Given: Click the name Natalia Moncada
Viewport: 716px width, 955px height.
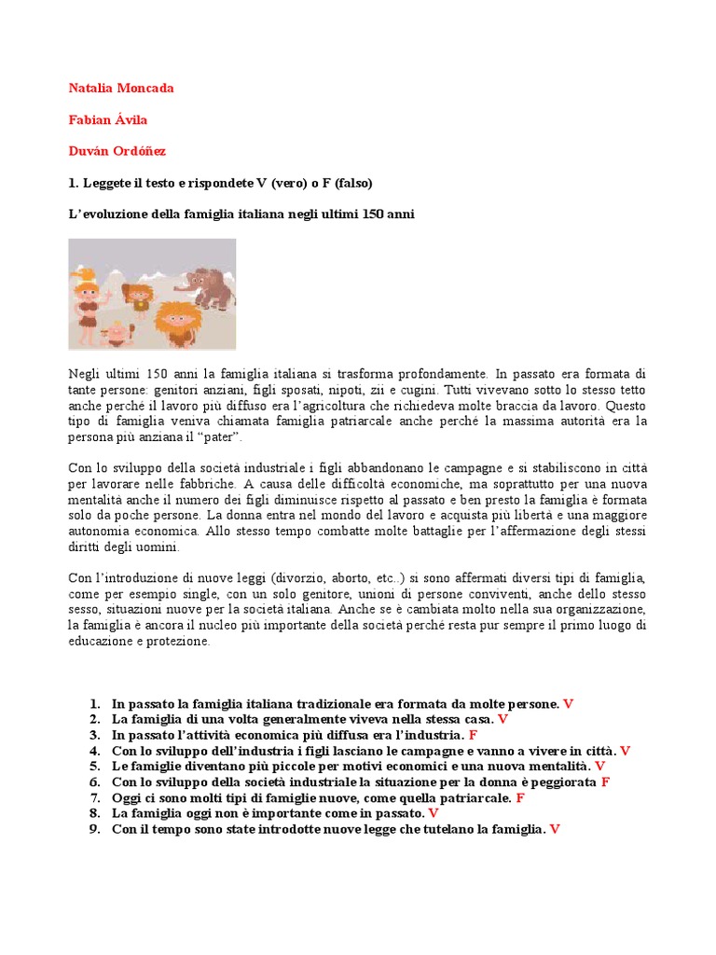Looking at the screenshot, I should [x=121, y=89].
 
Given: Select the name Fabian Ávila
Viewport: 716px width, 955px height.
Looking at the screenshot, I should [x=107, y=119].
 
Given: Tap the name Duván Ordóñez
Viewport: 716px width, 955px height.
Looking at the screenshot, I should [x=117, y=150].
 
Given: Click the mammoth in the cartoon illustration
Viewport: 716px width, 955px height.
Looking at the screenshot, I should [x=210, y=285].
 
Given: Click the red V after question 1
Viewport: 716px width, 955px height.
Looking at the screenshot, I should [x=569, y=704].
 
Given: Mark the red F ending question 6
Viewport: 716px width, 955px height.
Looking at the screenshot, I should [x=605, y=782].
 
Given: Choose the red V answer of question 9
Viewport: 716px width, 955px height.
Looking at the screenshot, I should [x=555, y=829].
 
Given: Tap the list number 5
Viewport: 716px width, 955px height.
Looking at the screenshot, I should [x=94, y=767].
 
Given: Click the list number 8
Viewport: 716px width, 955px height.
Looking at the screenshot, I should [x=94, y=813].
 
